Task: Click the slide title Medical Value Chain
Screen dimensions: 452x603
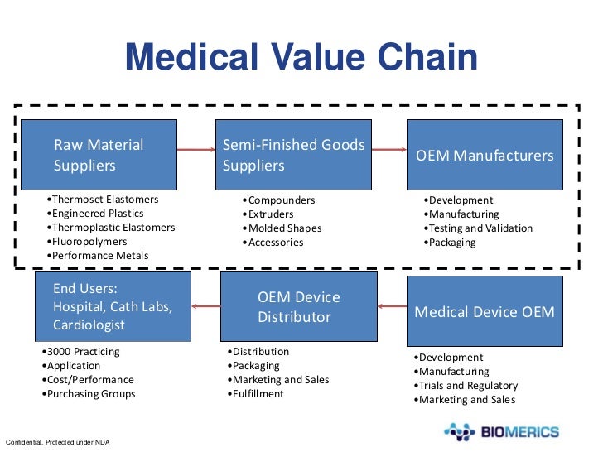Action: click(301, 58)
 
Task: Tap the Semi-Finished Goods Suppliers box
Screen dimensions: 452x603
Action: click(293, 155)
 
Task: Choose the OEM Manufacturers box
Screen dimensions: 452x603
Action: click(485, 155)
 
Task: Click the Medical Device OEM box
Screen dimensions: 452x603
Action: click(485, 311)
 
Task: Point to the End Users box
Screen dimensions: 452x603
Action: click(113, 306)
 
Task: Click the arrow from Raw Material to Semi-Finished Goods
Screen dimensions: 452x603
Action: click(195, 150)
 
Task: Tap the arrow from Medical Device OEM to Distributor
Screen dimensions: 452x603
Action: click(392, 307)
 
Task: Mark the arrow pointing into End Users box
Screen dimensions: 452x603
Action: click(206, 307)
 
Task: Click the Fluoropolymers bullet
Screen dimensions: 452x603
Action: click(89, 242)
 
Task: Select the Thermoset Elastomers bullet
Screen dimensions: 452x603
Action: click(103, 200)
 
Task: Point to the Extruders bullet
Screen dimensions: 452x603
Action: click(273, 214)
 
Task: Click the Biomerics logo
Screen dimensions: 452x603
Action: click(502, 431)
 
